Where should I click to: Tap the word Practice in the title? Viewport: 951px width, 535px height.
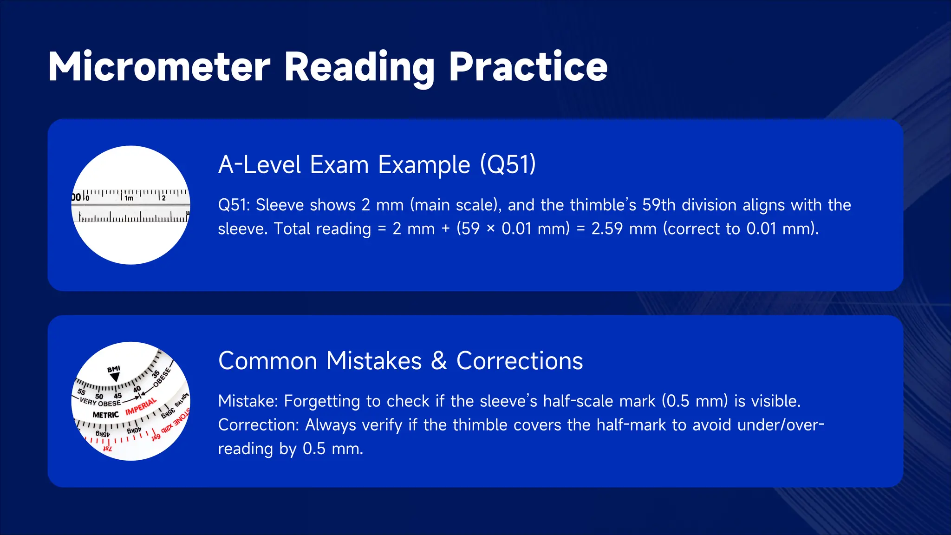click(528, 67)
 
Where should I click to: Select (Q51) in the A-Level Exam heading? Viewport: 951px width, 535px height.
click(508, 164)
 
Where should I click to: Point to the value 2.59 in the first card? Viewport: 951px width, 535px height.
click(607, 228)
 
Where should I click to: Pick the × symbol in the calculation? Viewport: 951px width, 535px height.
click(490, 228)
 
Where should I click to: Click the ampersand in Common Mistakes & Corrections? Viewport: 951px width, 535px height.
click(439, 361)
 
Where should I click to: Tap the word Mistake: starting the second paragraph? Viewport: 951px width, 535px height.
click(248, 401)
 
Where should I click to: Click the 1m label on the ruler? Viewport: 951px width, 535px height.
click(129, 198)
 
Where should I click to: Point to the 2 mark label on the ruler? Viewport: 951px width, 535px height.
click(163, 198)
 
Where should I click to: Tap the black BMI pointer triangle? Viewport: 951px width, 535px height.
click(115, 377)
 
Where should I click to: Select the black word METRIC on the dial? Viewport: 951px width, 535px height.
click(105, 415)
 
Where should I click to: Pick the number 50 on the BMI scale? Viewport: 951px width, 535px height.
click(99, 397)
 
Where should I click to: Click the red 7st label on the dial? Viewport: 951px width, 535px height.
click(107, 448)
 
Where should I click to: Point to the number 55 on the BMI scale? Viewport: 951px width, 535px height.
click(82, 392)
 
